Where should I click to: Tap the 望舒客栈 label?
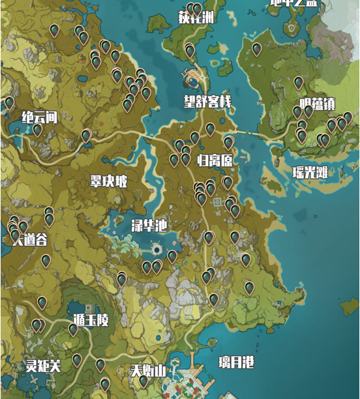(x=207, y=102)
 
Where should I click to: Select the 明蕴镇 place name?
(x=318, y=104)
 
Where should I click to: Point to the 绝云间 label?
(x=40, y=117)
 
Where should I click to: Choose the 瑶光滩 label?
(x=310, y=173)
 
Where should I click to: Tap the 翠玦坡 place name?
(x=109, y=181)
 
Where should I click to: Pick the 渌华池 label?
(x=149, y=226)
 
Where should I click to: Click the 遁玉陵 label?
(x=91, y=320)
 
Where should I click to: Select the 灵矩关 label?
(x=43, y=366)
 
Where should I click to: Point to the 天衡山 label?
(x=148, y=371)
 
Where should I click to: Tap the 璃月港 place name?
(x=236, y=362)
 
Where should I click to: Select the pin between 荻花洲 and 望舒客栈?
(x=190, y=50)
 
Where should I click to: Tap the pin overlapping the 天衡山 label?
(x=143, y=379)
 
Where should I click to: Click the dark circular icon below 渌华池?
(x=157, y=250)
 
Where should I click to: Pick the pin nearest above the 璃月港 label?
(x=214, y=299)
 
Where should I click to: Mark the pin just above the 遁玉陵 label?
(x=73, y=329)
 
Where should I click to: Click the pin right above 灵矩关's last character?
(x=77, y=359)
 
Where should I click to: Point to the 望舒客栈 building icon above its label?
(x=195, y=79)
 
